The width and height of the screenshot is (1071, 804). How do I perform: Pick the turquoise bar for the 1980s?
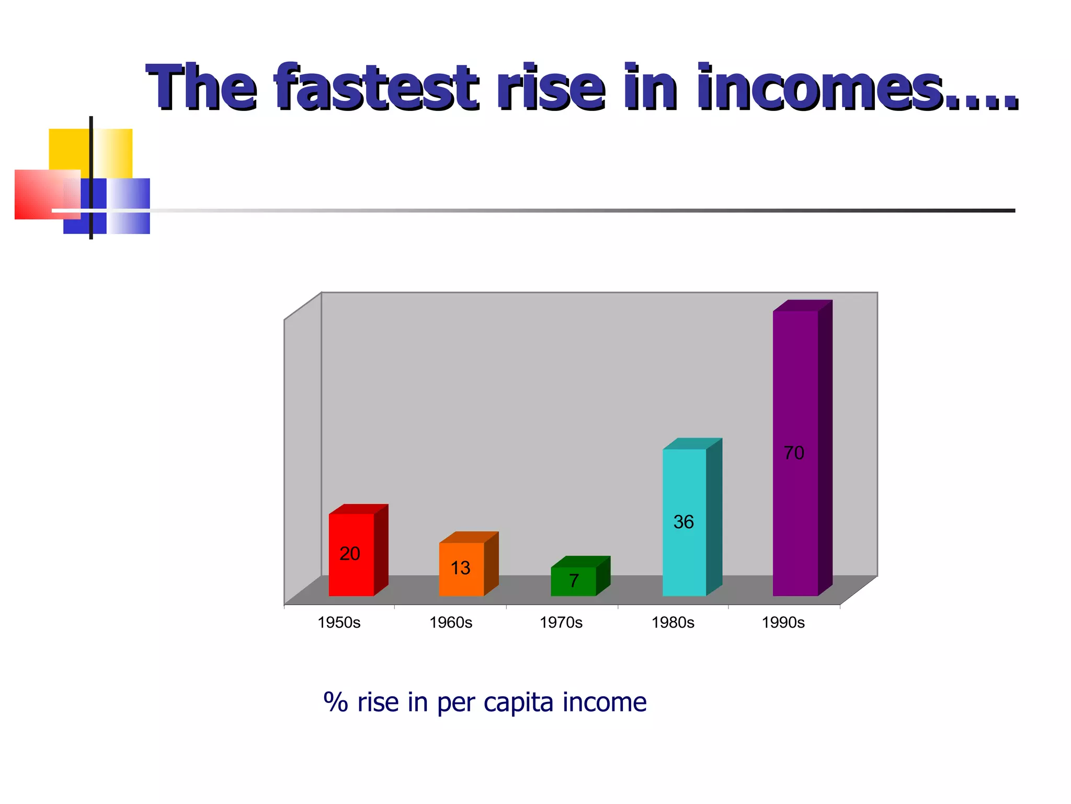[x=684, y=487]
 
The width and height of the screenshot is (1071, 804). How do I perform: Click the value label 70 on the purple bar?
[x=794, y=453]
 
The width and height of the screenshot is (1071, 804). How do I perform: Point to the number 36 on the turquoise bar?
[x=683, y=522]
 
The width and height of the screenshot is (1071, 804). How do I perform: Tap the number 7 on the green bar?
[x=574, y=580]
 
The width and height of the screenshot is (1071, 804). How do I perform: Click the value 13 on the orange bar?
[x=460, y=568]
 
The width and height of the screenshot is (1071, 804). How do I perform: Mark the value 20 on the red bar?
[x=350, y=553]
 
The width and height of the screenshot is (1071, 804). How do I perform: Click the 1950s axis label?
[x=339, y=622]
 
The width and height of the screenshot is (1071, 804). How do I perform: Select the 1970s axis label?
[x=561, y=622]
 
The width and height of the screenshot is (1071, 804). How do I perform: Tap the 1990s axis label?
[x=783, y=622]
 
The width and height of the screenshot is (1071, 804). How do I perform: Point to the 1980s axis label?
[x=673, y=622]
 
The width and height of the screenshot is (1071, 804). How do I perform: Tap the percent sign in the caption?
[x=336, y=702]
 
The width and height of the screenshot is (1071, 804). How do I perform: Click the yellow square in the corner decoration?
[x=69, y=149]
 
